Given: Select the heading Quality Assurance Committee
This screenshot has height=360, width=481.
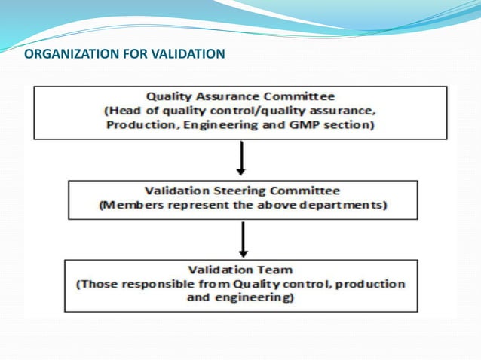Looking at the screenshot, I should click(x=240, y=97).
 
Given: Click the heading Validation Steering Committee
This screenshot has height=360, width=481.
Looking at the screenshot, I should click(x=241, y=191).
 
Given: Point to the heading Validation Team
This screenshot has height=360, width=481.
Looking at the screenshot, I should click(x=240, y=270).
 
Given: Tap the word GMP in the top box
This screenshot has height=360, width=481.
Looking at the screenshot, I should click(x=298, y=125).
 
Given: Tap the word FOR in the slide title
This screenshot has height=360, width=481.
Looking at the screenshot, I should click(x=130, y=54).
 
